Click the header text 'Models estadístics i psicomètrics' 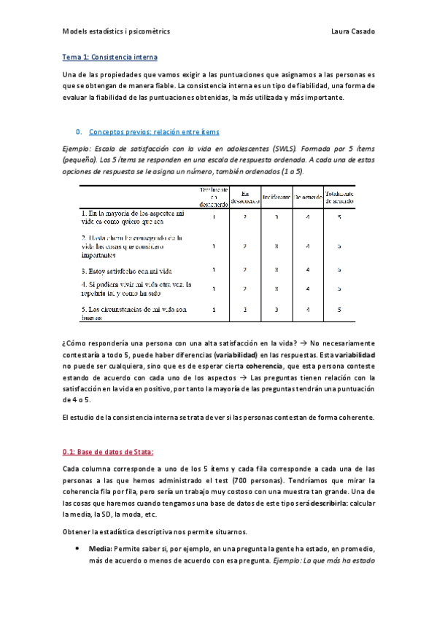click(116, 32)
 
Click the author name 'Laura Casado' click(353, 32)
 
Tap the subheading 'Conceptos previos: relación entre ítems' click(154, 132)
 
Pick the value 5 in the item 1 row click(339, 217)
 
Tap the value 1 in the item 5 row click(214, 310)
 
